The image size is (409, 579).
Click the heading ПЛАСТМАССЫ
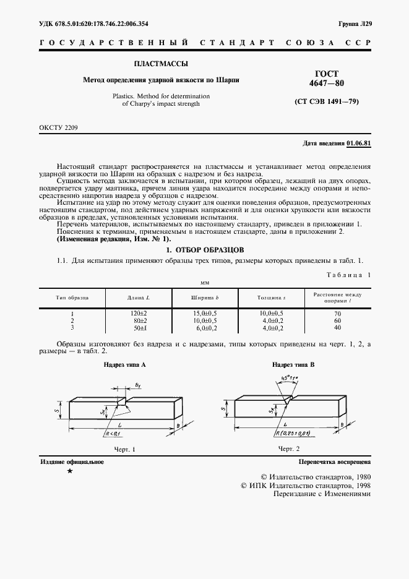click(161, 64)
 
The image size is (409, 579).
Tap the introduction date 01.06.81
click(359, 144)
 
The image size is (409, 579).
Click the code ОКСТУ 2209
click(59, 127)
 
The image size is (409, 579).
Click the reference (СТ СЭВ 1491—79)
click(327, 101)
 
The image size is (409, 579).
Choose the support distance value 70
click(337, 314)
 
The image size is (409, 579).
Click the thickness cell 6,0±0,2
click(272, 327)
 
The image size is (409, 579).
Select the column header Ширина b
click(205, 298)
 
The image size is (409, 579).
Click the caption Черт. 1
click(124, 448)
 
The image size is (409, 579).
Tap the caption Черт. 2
click(288, 448)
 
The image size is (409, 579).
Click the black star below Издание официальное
click(69, 471)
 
